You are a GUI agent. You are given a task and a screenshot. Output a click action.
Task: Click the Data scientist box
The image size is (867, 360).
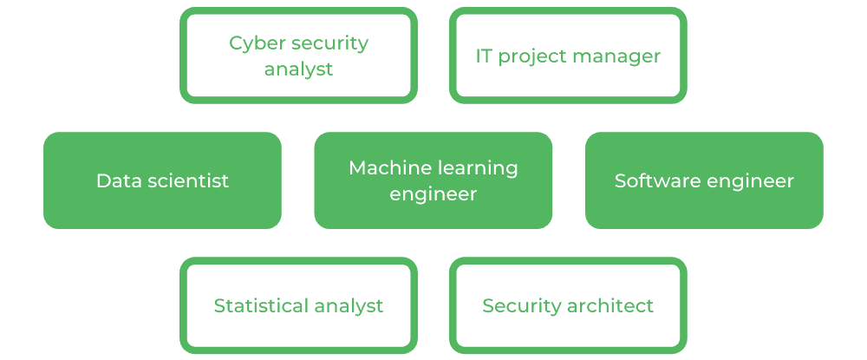[162, 180]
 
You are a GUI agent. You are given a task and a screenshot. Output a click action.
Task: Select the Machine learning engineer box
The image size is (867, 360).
[433, 180]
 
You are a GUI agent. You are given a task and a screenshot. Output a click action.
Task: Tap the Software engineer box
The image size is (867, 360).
[704, 180]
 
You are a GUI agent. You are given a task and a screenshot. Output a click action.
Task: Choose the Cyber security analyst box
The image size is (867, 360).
[298, 56]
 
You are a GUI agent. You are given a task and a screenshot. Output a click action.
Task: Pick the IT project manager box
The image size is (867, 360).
[568, 56]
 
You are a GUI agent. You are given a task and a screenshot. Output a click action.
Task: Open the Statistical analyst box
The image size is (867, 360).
[298, 305]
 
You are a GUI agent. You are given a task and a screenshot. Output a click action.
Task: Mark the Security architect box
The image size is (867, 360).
[568, 305]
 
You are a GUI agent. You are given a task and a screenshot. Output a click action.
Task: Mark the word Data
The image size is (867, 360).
[116, 180]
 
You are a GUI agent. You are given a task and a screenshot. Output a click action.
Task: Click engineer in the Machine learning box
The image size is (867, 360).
[433, 194]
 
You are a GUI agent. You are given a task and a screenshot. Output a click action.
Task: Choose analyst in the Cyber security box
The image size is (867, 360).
[298, 69]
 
